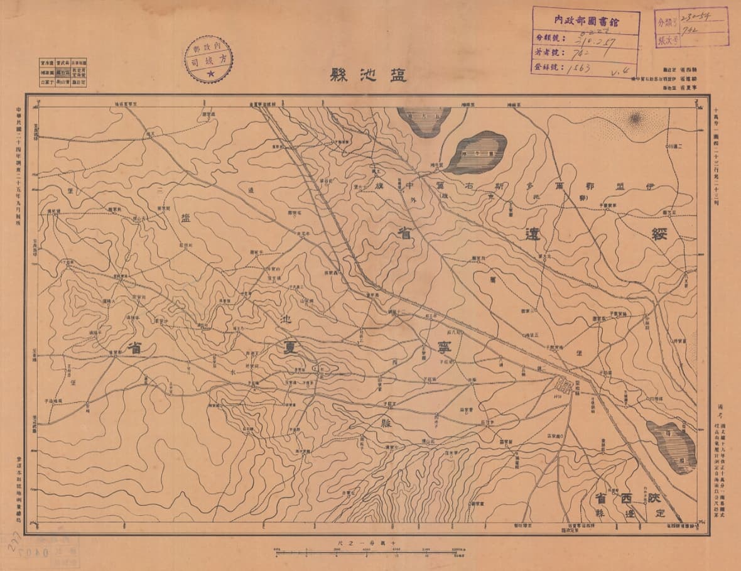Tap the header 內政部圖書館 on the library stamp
tap(585, 20)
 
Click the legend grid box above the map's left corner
tap(62, 72)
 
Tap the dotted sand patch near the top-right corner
tap(635, 118)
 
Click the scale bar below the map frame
tap(370, 552)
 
